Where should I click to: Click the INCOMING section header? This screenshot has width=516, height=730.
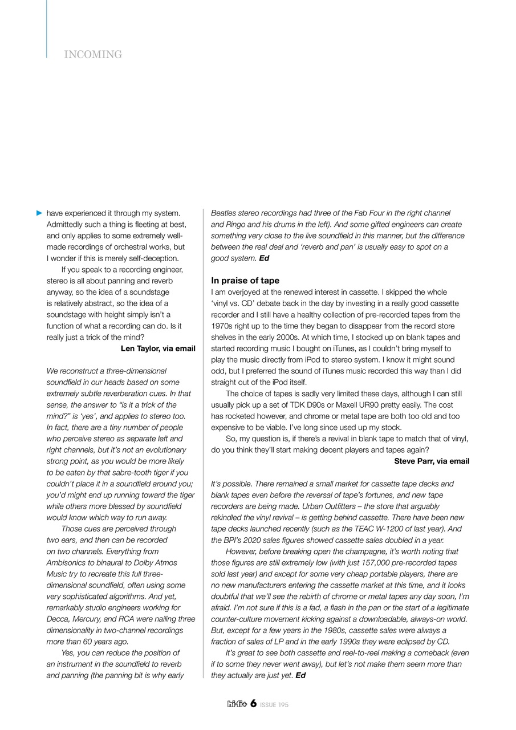93,55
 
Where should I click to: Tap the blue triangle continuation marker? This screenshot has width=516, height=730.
39,213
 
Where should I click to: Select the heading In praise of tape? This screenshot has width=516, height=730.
245,281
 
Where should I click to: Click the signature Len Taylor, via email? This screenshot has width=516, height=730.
158,348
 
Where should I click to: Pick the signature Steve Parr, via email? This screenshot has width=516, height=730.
432,461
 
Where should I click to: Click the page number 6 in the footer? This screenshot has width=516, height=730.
253,704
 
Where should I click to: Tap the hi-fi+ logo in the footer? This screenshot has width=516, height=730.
237,704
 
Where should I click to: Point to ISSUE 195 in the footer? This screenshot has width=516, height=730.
274,705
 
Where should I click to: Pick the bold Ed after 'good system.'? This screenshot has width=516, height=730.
264,258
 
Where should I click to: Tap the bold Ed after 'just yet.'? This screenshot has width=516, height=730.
300,676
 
